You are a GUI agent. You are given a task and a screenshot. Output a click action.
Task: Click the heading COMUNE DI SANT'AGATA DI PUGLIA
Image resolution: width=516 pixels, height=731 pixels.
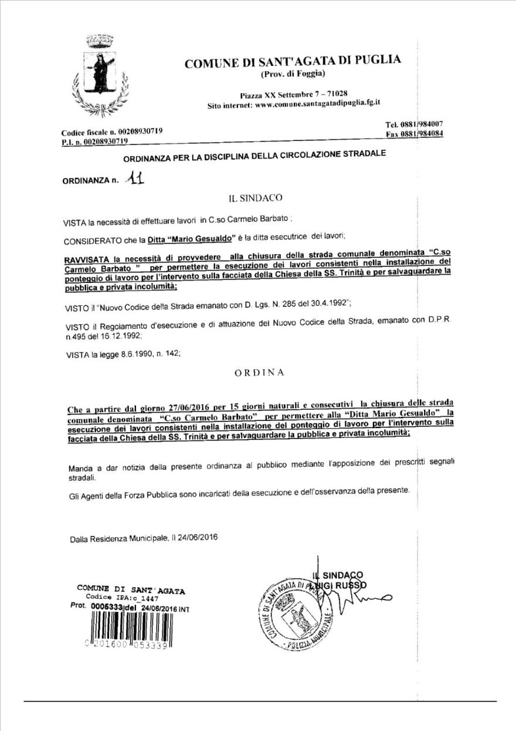[x=293, y=62]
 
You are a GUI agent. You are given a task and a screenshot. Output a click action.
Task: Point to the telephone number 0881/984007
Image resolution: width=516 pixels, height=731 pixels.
[x=422, y=123]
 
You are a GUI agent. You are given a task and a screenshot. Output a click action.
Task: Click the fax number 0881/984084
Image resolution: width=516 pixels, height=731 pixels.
[x=422, y=134]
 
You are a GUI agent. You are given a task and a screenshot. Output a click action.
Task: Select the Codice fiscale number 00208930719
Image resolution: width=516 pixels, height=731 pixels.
[x=134, y=131]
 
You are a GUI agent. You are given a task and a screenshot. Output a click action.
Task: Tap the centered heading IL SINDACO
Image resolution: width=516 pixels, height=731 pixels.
[x=256, y=198]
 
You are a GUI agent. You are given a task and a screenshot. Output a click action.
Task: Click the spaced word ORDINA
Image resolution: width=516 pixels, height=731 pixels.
[x=257, y=372]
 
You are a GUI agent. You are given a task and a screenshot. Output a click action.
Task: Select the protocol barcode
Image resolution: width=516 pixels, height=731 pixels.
[x=127, y=629]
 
